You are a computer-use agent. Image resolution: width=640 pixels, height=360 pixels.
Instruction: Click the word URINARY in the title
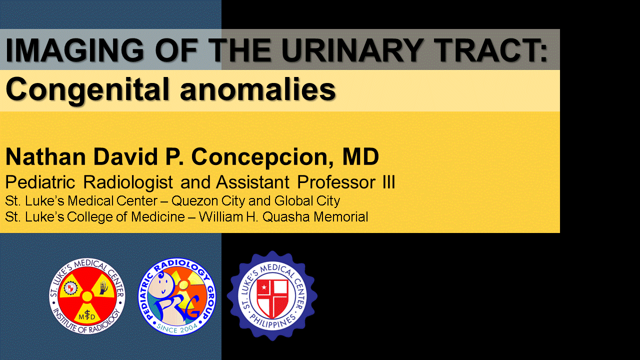coord(352,49)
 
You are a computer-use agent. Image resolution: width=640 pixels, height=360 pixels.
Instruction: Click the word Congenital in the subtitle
coord(87,89)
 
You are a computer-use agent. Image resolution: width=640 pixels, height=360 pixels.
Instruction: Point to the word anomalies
coord(257,89)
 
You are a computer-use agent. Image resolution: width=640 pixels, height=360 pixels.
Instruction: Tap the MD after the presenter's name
coord(360,156)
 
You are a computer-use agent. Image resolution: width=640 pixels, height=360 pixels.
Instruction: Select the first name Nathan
coord(45,156)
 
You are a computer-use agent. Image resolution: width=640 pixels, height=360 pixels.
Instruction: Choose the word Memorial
coord(341,217)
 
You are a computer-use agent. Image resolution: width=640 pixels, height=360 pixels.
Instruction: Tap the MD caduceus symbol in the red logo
coord(87,316)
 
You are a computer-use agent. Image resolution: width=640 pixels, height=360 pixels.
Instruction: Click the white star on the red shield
coord(264,287)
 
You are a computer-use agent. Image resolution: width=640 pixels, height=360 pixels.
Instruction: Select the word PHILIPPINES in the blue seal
coord(272,322)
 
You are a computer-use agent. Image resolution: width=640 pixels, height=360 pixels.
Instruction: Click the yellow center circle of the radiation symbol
coord(87,296)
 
